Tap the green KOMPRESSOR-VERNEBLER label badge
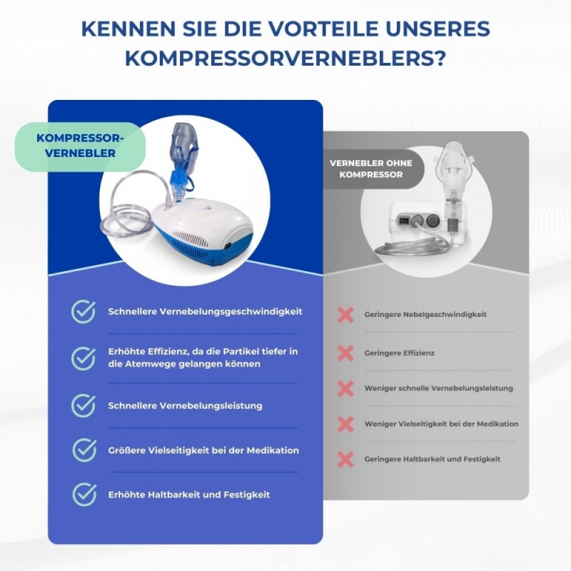tap(80, 146)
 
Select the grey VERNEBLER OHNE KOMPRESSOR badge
tap(371, 169)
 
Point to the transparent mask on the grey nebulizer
tap(454, 160)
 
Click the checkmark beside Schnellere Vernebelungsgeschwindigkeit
tap(84, 312)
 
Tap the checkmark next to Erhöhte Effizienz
tap(84, 358)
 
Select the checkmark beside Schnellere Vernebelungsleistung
tap(84, 405)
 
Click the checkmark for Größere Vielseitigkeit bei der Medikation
tap(84, 450)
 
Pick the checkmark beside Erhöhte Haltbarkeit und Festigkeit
tap(84, 495)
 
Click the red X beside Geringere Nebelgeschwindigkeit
tap(345, 315)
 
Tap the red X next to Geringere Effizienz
tap(345, 353)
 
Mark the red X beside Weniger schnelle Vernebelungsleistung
tap(345, 388)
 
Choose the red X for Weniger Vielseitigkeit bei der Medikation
tap(345, 424)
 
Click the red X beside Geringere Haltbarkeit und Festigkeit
tap(345, 459)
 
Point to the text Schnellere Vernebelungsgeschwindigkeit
tap(205, 312)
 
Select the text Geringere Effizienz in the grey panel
tap(399, 353)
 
